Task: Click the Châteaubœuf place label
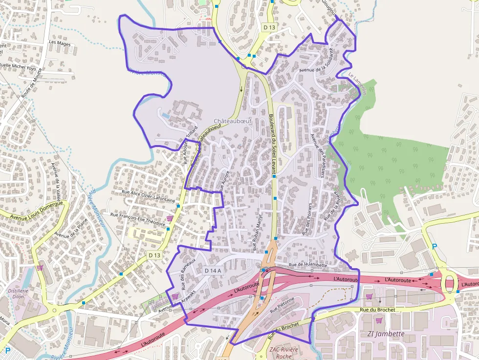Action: click(x=233, y=121)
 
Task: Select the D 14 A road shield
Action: click(x=213, y=271)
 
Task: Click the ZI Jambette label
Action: click(x=386, y=334)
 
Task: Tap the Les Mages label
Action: click(x=60, y=43)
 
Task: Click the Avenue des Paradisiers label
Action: click(x=318, y=155)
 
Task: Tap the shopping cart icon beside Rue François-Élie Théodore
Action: click(x=170, y=218)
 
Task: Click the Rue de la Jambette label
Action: click(x=308, y=264)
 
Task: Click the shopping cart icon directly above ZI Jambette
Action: click(x=379, y=320)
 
